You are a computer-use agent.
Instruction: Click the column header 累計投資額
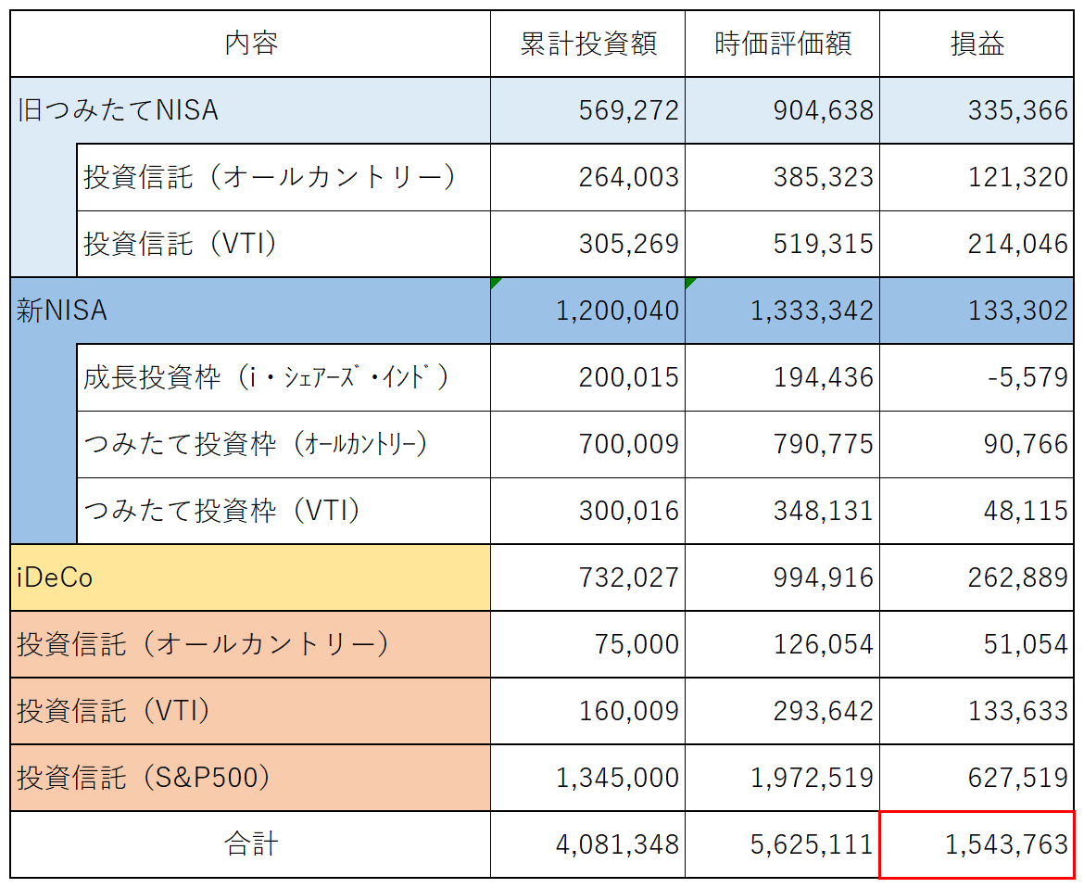[587, 44]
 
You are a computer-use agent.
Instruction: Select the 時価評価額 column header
[782, 44]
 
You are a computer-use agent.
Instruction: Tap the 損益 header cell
[977, 44]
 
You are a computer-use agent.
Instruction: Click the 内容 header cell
[251, 44]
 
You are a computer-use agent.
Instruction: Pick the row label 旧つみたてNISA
[119, 110]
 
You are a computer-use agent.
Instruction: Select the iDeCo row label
[56, 577]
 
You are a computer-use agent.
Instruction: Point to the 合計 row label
[251, 844]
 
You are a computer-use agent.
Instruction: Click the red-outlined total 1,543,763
[1005, 844]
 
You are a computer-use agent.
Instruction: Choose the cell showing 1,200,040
[617, 311]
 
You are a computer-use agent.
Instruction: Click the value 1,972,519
[812, 778]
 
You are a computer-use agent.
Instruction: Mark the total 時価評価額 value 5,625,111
[812, 844]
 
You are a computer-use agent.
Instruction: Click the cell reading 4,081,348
[617, 844]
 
